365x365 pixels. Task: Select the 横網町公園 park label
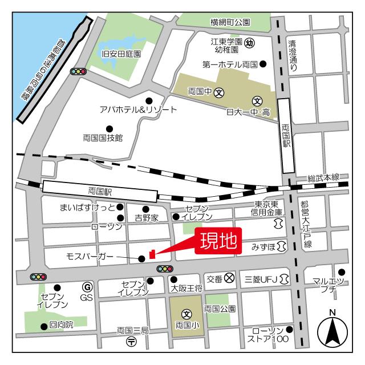click(230, 23)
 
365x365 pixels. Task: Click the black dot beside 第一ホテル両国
click(263, 64)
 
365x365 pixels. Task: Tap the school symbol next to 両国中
click(219, 92)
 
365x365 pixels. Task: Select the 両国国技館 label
click(103, 137)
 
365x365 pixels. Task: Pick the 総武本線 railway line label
click(323, 178)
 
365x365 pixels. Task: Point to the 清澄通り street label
click(293, 55)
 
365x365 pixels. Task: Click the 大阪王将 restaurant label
click(186, 289)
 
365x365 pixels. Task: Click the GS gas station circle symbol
click(87, 287)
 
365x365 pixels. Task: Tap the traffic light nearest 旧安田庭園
click(78, 72)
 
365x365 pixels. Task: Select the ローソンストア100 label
click(267, 335)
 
